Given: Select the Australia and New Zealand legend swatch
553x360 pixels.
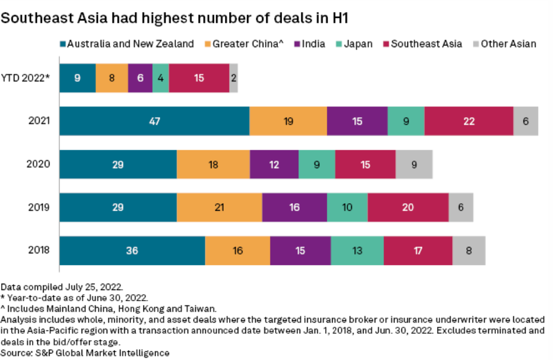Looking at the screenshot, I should pos(62,44).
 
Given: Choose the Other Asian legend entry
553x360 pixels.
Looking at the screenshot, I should pos(503,44).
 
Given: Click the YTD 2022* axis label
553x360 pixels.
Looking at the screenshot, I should pos(26,78).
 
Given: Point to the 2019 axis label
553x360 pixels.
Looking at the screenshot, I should pos(39,207).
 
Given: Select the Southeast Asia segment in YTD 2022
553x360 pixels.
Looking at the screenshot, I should pos(199,78).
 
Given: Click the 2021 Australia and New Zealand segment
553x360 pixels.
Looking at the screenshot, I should pos(154,121).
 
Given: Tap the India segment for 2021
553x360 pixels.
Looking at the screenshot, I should pos(357,121).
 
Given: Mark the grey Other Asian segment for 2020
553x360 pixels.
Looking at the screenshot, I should pos(414,164).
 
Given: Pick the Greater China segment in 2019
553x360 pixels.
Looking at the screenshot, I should pos(219,207).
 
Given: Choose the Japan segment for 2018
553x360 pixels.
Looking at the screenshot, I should pos(357,250).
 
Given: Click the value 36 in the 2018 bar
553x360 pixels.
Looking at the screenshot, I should pos(132,250).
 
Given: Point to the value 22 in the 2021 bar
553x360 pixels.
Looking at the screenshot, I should pos(469,121).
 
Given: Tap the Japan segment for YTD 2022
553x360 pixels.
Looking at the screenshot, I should pos(161,78).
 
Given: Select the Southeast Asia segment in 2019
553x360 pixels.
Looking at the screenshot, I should pos(408,207).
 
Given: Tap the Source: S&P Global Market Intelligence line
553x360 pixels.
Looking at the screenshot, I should pos(85,352).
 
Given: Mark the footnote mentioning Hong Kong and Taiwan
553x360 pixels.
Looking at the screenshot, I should pos(108,309).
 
